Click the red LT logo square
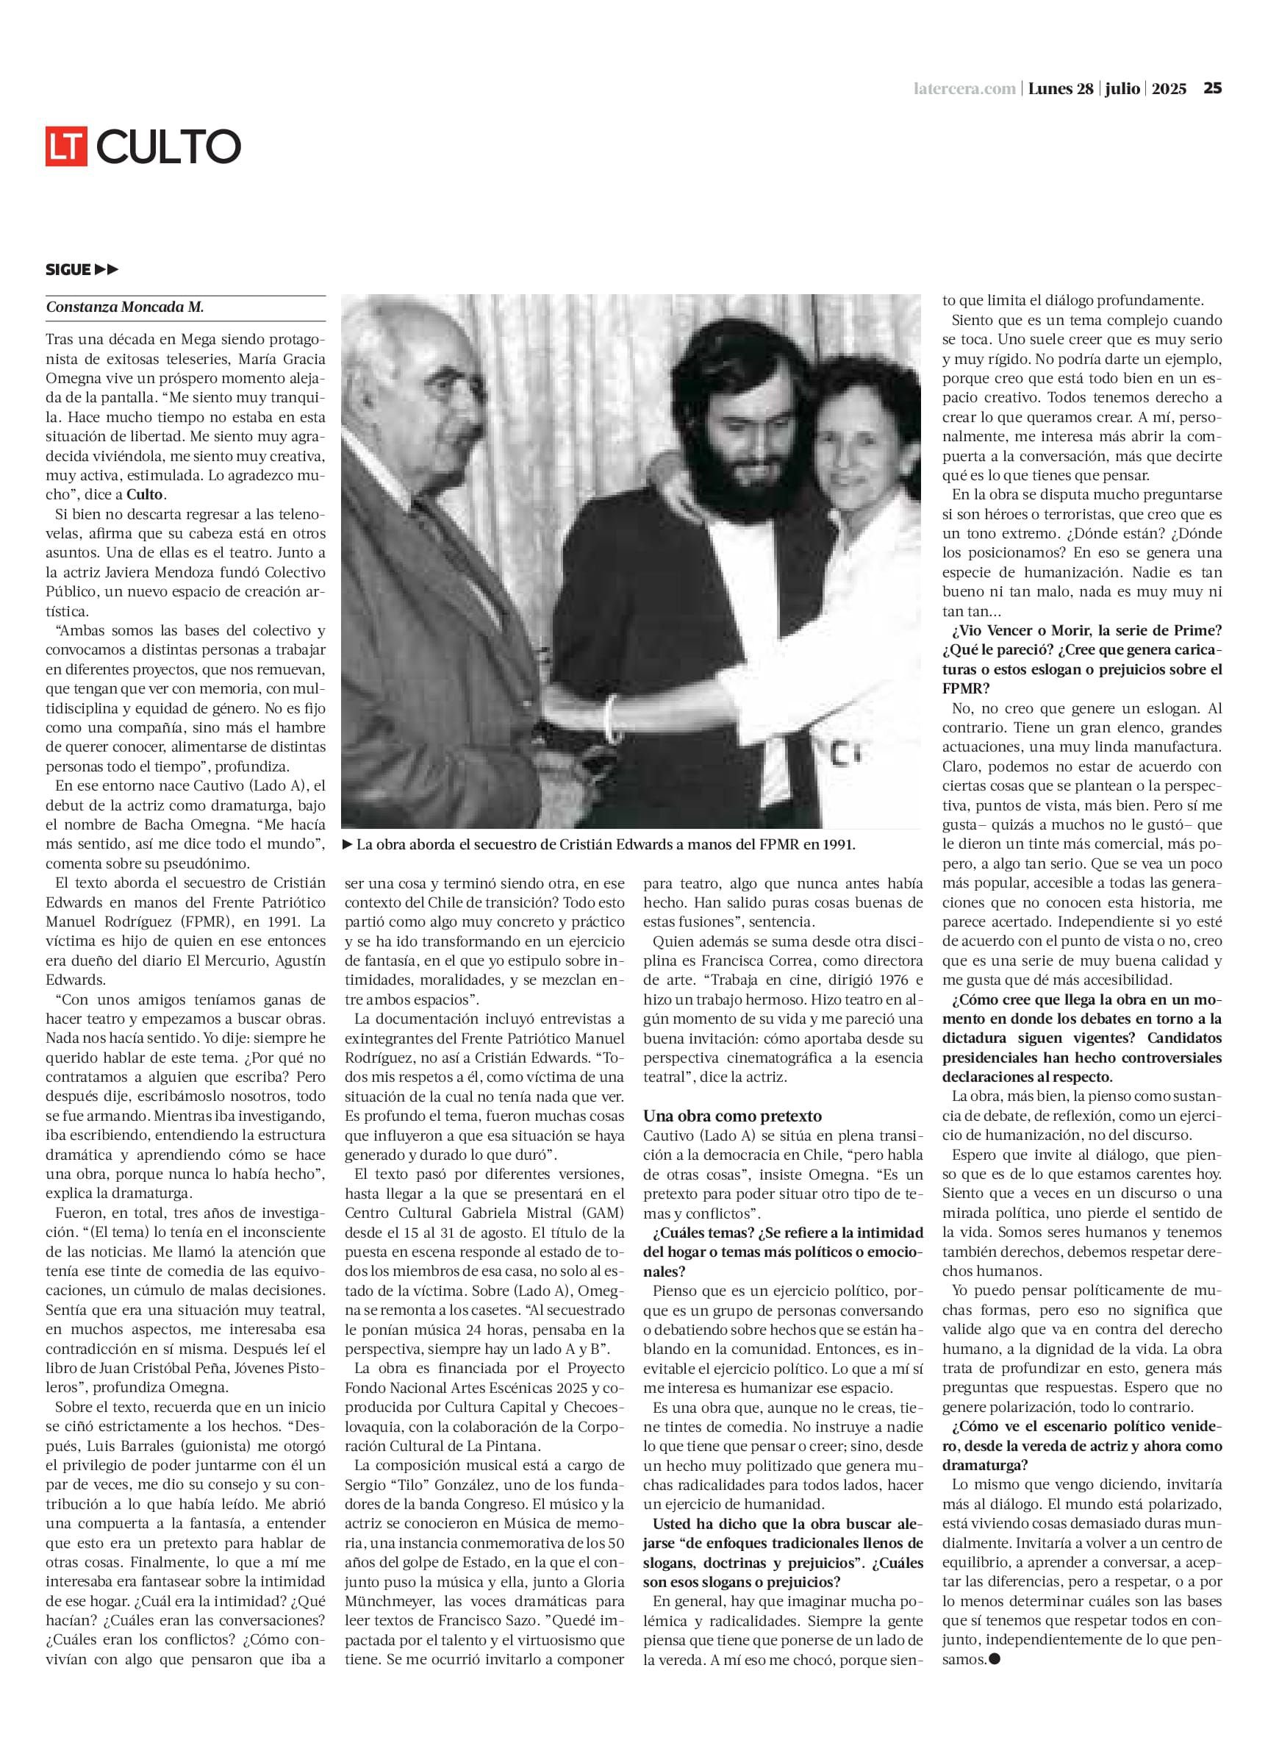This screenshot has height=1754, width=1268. (66, 145)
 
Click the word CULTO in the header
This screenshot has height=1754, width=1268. (169, 146)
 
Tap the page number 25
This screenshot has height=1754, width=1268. (1212, 88)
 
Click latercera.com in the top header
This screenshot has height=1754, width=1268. (964, 89)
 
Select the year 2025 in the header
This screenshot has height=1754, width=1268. (1168, 89)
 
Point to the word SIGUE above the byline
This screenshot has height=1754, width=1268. (68, 269)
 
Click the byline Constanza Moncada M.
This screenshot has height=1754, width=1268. (124, 307)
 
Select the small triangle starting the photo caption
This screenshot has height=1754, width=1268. (348, 844)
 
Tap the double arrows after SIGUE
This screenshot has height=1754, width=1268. (107, 269)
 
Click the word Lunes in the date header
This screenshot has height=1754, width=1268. (1049, 89)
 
